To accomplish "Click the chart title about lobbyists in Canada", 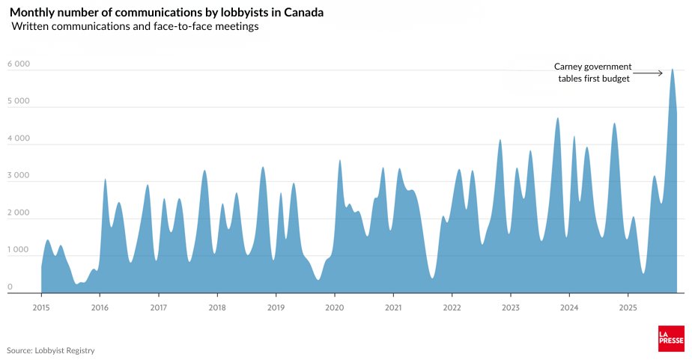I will tap(166, 13).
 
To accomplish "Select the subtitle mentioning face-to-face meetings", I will tap(135, 27).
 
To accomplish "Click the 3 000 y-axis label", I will tap(18, 176).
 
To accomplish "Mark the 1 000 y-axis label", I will tap(18, 250).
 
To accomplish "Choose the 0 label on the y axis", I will tap(10, 287).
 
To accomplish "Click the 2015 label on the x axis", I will tap(41, 307).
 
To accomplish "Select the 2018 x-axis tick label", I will tap(217, 307).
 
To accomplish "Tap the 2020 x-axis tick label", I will tap(335, 307).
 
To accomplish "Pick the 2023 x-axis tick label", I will tap(511, 307).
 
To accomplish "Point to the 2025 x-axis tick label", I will tap(628, 307).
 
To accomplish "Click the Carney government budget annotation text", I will tap(593, 73).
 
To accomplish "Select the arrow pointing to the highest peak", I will tap(648, 73).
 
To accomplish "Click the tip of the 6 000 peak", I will tap(673, 70).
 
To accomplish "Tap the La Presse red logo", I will tap(671, 338).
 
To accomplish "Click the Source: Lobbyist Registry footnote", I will tap(51, 350).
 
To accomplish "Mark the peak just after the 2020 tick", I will tap(340, 160).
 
